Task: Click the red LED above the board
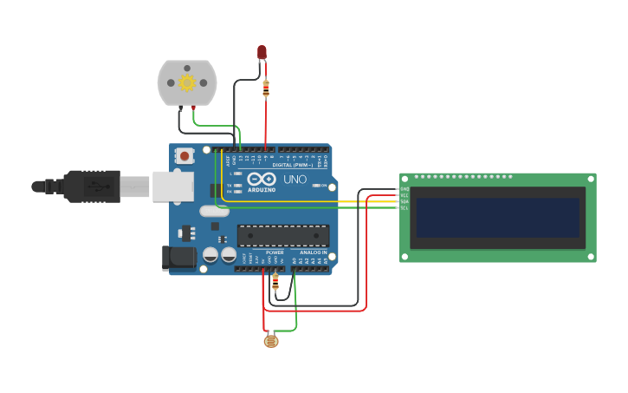point(262,53)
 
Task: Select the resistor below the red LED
point(265,88)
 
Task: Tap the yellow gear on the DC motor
point(186,83)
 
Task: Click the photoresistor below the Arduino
point(272,341)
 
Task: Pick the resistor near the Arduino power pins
point(275,282)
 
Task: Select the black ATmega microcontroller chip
point(283,235)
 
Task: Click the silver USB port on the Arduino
point(173,186)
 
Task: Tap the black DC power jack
point(178,257)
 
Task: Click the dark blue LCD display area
point(497,217)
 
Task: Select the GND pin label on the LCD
point(405,188)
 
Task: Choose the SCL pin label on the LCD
point(405,208)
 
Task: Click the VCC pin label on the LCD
point(405,195)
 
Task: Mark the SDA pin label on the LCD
point(405,201)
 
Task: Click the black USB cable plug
point(90,186)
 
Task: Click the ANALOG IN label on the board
point(314,252)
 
